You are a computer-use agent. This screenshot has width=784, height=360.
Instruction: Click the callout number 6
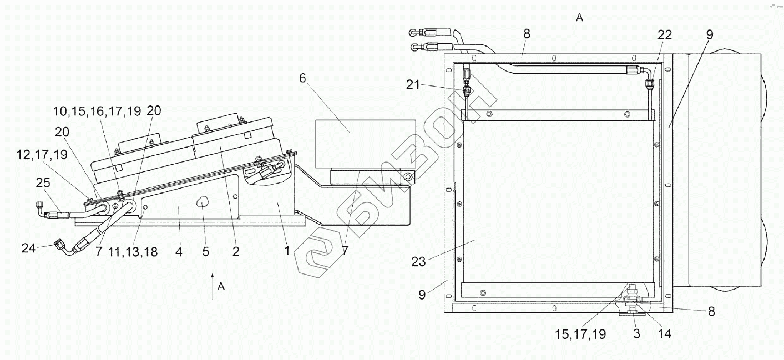pos(302,78)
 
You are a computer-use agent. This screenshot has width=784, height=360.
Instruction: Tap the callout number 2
pos(236,251)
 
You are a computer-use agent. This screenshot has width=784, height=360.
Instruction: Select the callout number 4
pos(179,251)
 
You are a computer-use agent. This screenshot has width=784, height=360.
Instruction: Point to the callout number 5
pos(205,251)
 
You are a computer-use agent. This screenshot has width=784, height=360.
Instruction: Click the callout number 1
pos(287,251)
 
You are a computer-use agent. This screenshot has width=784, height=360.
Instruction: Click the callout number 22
pos(665,35)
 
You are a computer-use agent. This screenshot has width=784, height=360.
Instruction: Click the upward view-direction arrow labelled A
pos(213,286)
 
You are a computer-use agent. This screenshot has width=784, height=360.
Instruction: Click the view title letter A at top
pos(579,18)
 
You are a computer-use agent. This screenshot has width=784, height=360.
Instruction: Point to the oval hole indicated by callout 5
pos(202,202)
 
